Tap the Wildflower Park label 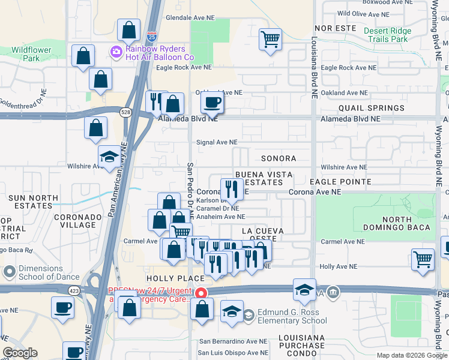(x=31, y=54)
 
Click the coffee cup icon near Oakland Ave (x=212, y=102)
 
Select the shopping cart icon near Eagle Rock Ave (x=271, y=40)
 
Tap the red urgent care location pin (x=202, y=293)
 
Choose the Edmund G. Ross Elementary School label (x=292, y=316)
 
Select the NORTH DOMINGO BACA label (x=397, y=223)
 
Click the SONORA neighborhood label (x=279, y=158)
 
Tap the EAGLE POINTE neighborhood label (x=340, y=181)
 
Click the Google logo (x=20, y=353)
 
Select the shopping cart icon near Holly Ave (x=423, y=259)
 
